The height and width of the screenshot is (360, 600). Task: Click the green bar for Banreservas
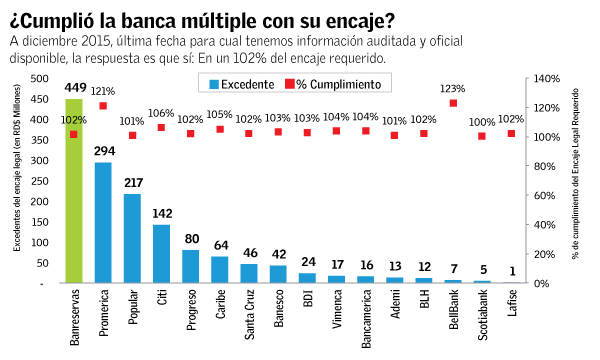[x=73, y=190]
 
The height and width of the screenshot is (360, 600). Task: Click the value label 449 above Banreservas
[x=74, y=88]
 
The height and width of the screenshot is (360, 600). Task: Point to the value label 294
[x=103, y=151]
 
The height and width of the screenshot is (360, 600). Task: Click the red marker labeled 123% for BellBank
[x=453, y=103]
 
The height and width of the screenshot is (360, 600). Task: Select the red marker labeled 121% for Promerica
[x=103, y=106]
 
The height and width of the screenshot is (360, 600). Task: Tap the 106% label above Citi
[x=161, y=113]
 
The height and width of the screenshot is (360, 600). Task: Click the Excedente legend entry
[x=244, y=83]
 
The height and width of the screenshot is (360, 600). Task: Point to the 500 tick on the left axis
[x=38, y=78]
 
